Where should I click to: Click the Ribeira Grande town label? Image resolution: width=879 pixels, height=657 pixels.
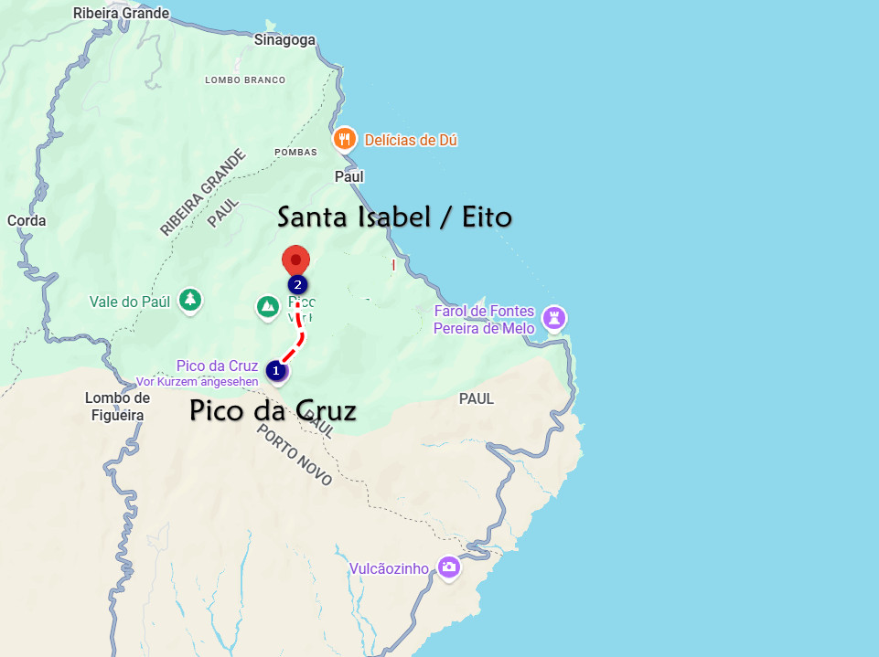(122, 13)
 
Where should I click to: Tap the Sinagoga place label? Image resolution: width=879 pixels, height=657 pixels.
(284, 39)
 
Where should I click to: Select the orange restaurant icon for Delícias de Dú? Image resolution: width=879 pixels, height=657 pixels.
(344, 139)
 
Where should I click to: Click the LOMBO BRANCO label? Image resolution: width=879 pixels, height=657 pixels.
(245, 80)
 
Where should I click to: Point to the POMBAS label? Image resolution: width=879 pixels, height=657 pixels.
(295, 152)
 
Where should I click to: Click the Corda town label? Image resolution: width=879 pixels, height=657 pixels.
(26, 220)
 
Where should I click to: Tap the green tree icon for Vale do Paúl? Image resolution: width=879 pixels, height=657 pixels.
(189, 300)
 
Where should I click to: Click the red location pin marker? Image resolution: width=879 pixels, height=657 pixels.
(295, 259)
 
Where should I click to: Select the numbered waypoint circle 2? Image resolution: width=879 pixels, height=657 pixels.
(297, 284)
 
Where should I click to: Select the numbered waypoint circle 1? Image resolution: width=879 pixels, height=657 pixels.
(275, 370)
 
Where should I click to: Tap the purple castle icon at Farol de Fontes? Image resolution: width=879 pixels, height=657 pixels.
(553, 318)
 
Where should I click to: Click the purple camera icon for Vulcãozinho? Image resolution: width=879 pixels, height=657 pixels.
(448, 567)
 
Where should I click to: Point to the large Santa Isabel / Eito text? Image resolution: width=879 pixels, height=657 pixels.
(394, 217)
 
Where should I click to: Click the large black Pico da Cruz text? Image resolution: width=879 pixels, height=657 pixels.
(273, 411)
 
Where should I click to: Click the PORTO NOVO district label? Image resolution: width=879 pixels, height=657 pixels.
(294, 454)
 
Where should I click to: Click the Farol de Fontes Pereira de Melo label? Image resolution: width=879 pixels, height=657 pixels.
(484, 320)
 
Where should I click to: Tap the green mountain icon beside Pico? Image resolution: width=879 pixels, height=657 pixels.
(267, 306)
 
